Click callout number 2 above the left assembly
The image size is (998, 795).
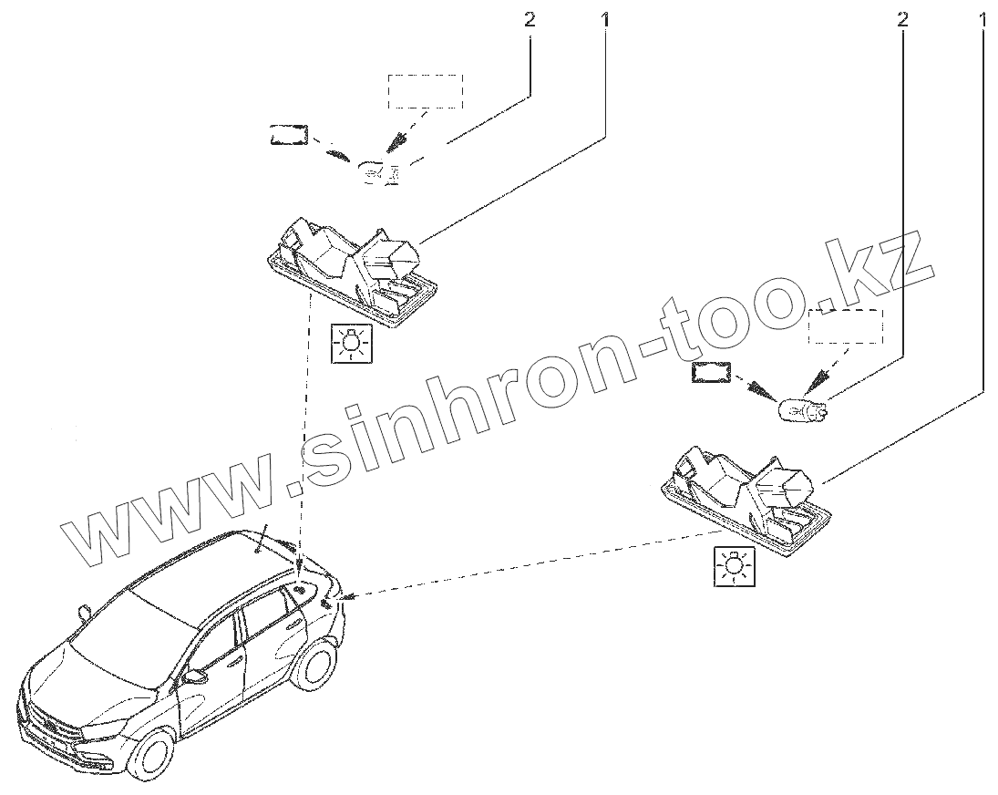[529, 18]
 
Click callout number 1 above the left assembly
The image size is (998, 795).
[605, 18]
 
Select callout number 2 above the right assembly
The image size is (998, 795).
[902, 18]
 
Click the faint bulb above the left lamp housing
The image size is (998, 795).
[378, 171]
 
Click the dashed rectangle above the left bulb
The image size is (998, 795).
[426, 92]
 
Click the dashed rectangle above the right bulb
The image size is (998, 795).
[845, 326]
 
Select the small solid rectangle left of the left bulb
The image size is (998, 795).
[288, 135]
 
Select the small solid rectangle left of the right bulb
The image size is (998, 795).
[711, 373]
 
